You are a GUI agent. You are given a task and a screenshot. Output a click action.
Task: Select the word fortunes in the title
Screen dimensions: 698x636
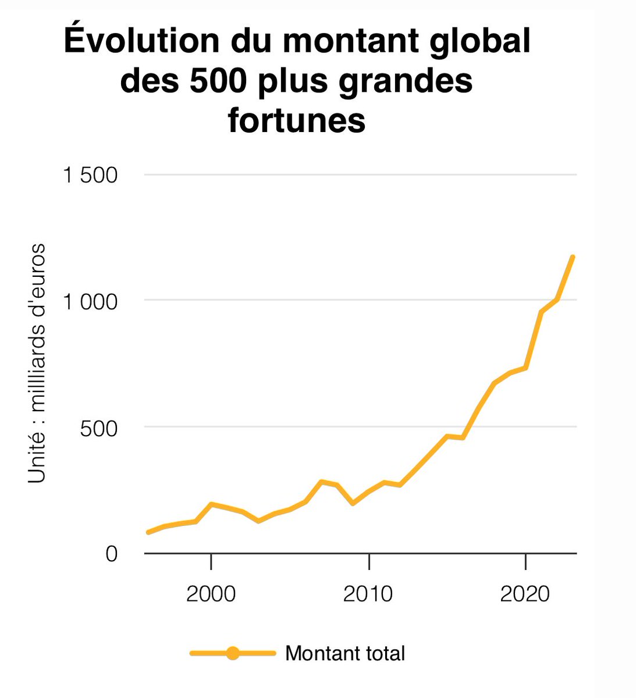297,120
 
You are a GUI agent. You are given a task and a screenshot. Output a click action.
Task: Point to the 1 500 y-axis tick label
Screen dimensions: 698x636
91,175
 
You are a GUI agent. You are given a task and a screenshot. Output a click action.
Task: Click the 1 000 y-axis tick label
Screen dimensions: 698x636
91,301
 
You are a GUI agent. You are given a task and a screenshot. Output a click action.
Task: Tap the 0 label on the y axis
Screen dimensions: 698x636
112,554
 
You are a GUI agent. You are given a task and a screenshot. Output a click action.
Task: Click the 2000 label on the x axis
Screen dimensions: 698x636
211,594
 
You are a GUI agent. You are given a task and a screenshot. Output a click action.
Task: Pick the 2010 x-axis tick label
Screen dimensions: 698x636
368,594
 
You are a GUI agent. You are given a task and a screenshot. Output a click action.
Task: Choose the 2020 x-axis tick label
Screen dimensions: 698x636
525,594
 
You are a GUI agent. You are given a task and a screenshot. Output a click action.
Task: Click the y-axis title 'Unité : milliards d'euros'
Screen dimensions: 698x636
37,364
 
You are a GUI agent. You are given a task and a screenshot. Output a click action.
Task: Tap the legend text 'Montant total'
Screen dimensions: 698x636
345,653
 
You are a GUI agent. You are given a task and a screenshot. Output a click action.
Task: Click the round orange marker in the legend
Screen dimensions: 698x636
233,653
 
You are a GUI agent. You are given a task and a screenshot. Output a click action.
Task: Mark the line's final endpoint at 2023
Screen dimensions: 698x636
573,257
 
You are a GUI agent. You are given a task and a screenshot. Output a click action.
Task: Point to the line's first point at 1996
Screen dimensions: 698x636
148,532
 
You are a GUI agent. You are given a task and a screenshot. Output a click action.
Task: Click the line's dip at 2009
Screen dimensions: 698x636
353,504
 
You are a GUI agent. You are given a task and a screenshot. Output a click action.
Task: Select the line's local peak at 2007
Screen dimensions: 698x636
321,482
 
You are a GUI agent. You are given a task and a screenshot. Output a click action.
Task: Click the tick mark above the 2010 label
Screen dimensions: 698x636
369,561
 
